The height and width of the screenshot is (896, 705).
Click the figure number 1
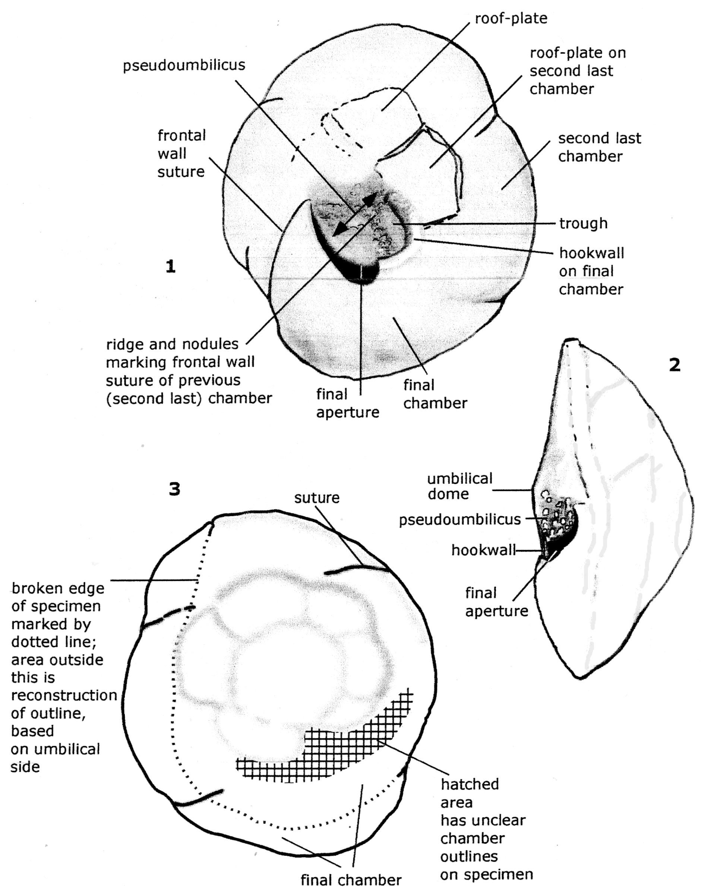[170, 267]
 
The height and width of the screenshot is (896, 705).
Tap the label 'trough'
[583, 223]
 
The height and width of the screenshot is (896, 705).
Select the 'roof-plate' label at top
[510, 19]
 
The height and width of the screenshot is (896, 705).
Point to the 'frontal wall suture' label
[181, 153]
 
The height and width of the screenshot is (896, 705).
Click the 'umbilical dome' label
[459, 486]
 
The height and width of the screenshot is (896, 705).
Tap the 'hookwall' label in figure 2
[483, 550]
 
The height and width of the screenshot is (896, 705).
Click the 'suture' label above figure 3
[317, 498]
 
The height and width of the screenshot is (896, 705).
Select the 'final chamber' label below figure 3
[351, 880]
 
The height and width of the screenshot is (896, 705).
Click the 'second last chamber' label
[599, 147]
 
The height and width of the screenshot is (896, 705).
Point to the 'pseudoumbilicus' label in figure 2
[459, 519]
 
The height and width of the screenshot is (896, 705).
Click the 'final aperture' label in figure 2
[496, 602]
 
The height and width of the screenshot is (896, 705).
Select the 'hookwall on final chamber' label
[591, 271]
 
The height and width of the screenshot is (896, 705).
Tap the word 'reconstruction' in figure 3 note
[64, 695]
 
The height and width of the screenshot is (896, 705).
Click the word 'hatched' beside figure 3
[470, 784]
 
